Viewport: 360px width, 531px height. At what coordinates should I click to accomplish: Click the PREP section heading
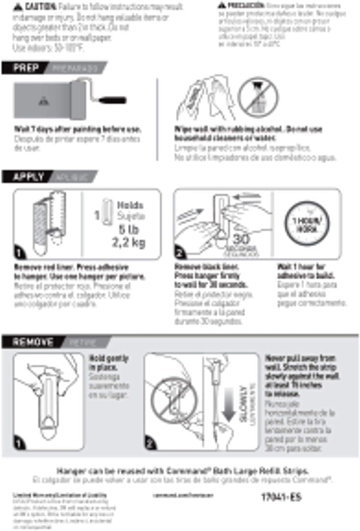26,68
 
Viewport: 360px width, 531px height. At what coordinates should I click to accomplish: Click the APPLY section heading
28,176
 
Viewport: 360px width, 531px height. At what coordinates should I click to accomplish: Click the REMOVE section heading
33,342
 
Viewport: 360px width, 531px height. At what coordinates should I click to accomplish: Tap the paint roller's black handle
112,100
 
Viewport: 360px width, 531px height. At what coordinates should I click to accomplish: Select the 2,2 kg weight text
128,242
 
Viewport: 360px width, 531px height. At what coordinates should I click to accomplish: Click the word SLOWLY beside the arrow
243,404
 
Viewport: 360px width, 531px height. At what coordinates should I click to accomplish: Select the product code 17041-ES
281,497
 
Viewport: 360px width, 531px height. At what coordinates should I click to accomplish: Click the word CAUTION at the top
40,7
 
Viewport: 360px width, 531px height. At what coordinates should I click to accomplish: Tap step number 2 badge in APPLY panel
180,253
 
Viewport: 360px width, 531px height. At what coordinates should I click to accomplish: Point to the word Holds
130,205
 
